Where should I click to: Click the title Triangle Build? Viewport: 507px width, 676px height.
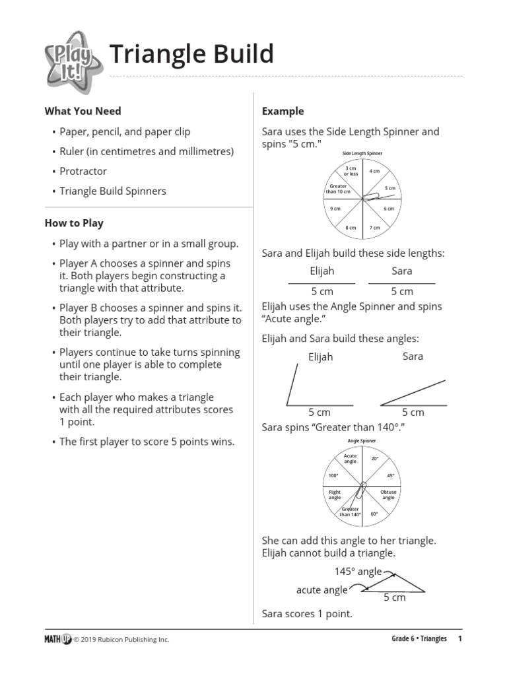[x=191, y=54]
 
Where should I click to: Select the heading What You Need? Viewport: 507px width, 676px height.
[x=83, y=111]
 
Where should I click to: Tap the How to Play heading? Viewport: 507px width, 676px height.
[x=74, y=223]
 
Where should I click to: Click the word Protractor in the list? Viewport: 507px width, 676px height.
[x=83, y=171]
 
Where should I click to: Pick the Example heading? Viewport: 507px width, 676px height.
[x=283, y=111]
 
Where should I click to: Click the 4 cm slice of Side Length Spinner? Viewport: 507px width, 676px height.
[x=374, y=172]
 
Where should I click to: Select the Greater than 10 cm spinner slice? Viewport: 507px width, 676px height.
[x=339, y=189]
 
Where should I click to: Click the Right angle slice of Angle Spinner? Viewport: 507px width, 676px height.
[x=335, y=494]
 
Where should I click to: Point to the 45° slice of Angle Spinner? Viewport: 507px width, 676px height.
[x=390, y=475]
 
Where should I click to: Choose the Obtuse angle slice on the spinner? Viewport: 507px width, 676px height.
[x=388, y=494]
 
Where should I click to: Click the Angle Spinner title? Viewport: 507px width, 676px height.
[x=362, y=441]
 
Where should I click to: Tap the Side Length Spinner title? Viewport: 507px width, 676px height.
[x=362, y=153]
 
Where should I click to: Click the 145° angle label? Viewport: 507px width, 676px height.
[x=356, y=572]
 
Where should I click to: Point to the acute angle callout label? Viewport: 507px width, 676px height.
[x=322, y=590]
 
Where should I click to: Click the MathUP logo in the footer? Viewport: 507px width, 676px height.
[x=57, y=638]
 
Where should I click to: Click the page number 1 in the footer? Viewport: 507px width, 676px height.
[x=460, y=638]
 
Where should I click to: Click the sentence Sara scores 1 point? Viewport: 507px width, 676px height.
[x=307, y=614]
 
